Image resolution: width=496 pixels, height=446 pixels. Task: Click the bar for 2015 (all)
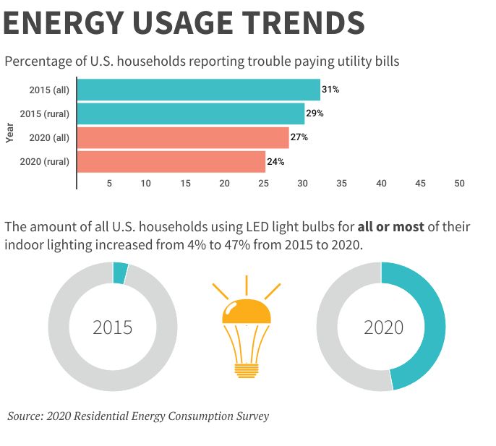pyautogui.click(x=198, y=90)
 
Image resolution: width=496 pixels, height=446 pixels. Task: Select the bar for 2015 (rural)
pyautogui.click(x=191, y=113)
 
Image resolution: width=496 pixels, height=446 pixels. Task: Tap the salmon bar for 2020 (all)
pyautogui.click(x=183, y=137)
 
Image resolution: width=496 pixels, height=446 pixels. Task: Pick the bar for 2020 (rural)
pyautogui.click(x=171, y=161)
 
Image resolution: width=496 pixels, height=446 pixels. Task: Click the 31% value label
pyautogui.click(x=330, y=90)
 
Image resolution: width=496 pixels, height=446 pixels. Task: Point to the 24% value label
pyautogui.click(x=275, y=161)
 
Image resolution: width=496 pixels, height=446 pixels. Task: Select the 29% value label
pyautogui.click(x=315, y=113)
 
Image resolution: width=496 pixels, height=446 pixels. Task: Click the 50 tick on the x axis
pyautogui.click(x=459, y=184)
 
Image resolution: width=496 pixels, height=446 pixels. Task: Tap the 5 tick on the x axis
pyautogui.click(x=109, y=184)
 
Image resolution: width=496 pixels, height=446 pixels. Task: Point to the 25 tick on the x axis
pyautogui.click(x=264, y=184)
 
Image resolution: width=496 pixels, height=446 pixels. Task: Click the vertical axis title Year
pyautogui.click(x=9, y=132)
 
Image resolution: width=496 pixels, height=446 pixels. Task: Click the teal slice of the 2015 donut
pyautogui.click(x=120, y=273)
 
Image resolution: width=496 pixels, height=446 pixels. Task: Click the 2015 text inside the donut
pyautogui.click(x=113, y=327)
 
